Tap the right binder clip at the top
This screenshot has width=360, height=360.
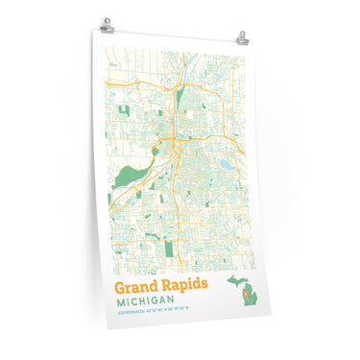tap(241, 38)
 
